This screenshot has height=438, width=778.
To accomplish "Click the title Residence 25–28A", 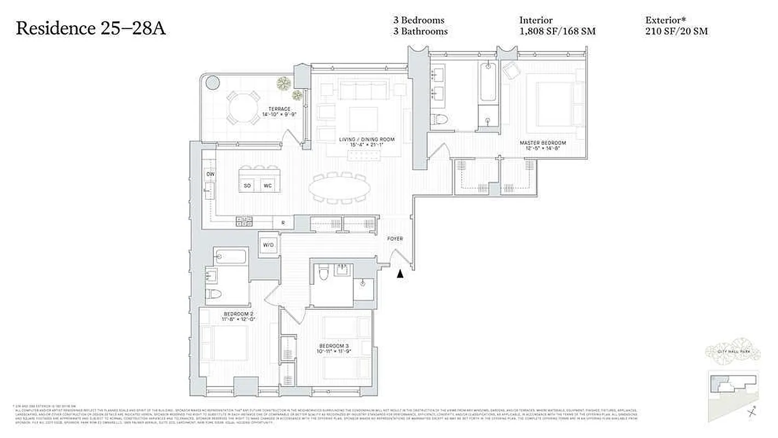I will (x=91, y=28).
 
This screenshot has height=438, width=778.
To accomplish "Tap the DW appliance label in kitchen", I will (x=210, y=174).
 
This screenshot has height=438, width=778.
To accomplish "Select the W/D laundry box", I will (x=268, y=245).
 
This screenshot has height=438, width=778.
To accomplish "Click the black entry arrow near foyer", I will (x=400, y=273).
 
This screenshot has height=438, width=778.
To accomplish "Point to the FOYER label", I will (x=394, y=239).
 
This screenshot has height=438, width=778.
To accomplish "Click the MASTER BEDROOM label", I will (x=542, y=143).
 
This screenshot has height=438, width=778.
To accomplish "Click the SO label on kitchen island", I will (x=247, y=186).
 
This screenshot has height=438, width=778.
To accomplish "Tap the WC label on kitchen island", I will (x=268, y=186).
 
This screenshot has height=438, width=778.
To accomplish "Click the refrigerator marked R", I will (x=283, y=223).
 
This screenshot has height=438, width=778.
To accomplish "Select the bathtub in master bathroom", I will (x=488, y=83).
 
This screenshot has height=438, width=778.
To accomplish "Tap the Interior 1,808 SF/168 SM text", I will (x=557, y=26).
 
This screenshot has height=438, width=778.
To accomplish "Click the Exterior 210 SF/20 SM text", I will (x=676, y=26).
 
